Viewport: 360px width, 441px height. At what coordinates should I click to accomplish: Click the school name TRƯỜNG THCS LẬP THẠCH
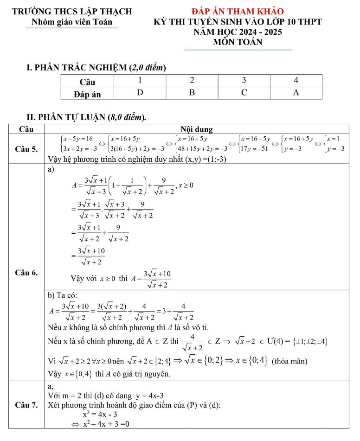tap(72, 12)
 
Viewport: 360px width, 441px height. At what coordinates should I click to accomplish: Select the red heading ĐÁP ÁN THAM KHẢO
tap(238, 12)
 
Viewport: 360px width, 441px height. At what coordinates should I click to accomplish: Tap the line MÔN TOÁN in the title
tap(238, 42)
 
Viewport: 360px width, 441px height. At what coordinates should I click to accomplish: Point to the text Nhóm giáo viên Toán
tap(72, 22)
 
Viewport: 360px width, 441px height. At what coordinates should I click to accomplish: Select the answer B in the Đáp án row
tap(192, 93)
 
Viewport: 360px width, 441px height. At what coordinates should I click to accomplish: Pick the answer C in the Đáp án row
tap(244, 93)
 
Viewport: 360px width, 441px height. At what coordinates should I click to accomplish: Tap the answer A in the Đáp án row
tap(296, 93)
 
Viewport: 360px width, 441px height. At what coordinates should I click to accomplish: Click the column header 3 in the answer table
tap(244, 81)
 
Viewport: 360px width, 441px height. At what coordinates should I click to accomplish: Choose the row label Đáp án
tap(87, 94)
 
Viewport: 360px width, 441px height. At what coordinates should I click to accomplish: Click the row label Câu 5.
tap(26, 149)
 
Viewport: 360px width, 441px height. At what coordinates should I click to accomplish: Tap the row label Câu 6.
tap(26, 272)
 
